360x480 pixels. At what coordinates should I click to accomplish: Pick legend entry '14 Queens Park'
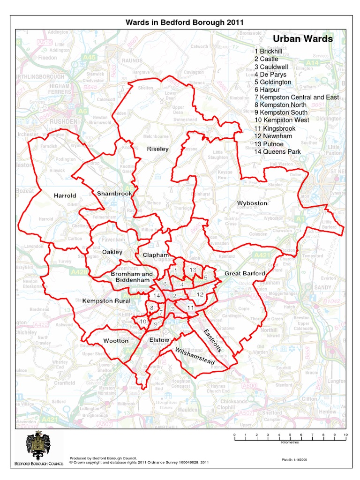[277, 151]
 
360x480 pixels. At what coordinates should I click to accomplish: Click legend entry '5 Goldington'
[273, 82]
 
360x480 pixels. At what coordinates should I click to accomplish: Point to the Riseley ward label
[157, 149]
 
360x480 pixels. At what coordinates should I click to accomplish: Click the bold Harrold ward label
[65, 195]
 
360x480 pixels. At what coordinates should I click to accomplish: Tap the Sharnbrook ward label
[114, 193]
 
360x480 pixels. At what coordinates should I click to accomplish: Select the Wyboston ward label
[252, 203]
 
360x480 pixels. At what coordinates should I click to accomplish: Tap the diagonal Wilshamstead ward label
[194, 357]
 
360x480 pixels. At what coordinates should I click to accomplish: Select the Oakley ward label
[112, 252]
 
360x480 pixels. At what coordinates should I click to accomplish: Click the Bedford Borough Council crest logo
[37, 446]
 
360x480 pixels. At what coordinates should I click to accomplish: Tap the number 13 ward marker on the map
[193, 270]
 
